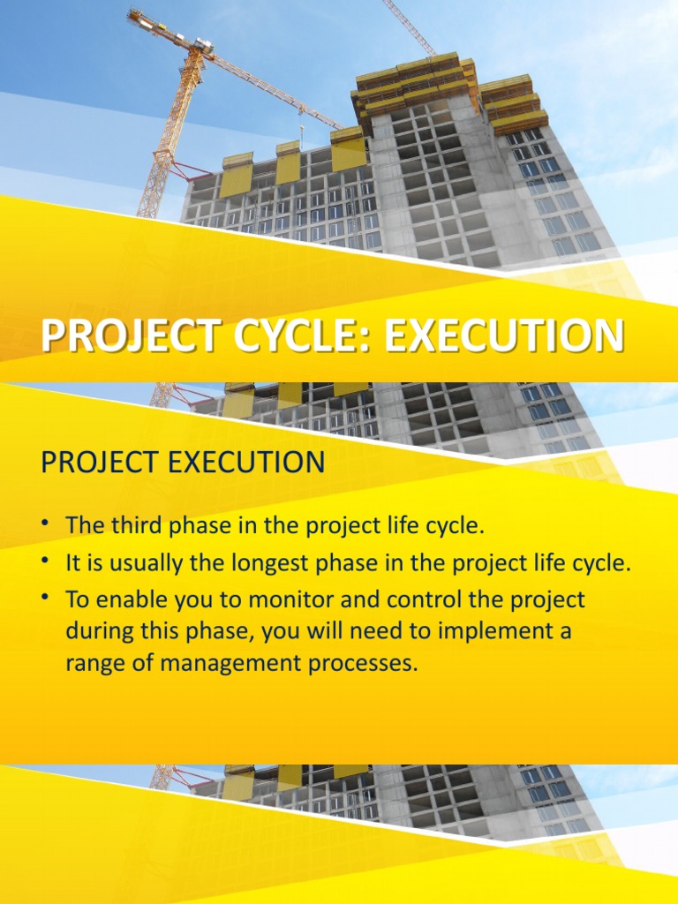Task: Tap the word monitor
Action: coord(293,601)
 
